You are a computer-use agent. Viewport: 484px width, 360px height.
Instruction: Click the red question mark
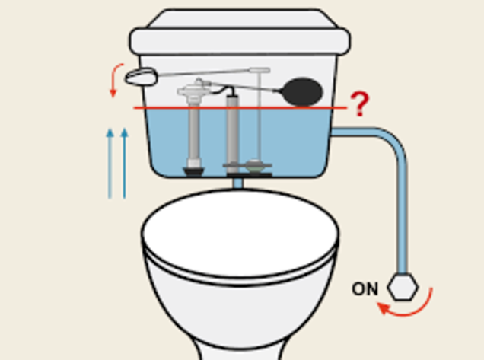tap(360, 104)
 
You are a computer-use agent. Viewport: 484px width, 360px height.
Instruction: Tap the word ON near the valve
tap(365, 289)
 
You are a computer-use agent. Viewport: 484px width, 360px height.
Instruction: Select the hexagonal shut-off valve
tap(403, 287)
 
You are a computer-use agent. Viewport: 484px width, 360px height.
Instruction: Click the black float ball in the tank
tap(302, 91)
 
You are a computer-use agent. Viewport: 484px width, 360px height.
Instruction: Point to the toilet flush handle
tap(141, 77)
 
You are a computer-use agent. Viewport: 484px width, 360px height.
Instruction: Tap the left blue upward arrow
tap(110, 164)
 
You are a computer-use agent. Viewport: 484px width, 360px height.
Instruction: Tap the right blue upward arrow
tap(124, 164)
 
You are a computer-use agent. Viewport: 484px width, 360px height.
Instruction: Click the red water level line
tap(240, 108)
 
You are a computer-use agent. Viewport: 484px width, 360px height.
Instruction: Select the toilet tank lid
tap(240, 33)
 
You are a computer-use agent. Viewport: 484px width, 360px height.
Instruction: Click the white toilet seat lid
tap(240, 234)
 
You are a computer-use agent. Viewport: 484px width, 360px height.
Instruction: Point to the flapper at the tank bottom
tap(254, 166)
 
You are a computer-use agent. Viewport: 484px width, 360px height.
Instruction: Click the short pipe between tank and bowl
tap(237, 183)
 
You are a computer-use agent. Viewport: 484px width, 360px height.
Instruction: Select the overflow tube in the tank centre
tap(232, 132)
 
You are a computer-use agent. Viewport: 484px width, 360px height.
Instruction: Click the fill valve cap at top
tap(195, 91)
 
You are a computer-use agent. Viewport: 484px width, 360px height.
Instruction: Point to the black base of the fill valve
tap(194, 171)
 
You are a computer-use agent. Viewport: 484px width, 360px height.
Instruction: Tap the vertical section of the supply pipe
tap(403, 216)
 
